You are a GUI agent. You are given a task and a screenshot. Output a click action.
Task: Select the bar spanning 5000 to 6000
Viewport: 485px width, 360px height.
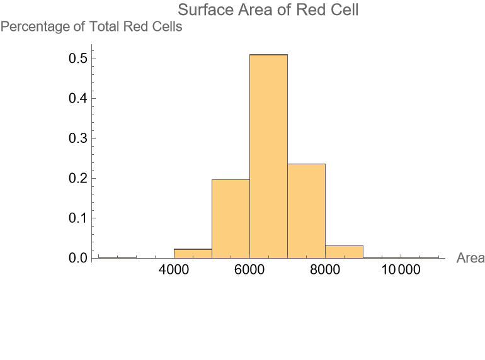click(x=231, y=218)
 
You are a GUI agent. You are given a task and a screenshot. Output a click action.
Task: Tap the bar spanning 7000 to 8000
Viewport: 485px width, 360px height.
click(x=306, y=211)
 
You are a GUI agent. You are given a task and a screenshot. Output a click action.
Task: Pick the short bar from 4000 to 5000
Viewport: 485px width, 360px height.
click(x=193, y=254)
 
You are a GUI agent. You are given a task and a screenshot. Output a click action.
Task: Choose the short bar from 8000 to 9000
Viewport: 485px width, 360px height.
click(x=344, y=252)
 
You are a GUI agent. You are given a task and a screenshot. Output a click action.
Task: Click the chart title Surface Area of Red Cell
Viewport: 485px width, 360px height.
click(x=268, y=10)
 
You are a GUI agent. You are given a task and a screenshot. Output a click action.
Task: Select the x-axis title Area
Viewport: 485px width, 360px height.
click(x=470, y=259)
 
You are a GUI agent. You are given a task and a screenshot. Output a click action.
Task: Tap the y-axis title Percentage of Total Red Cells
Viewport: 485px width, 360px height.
click(x=91, y=27)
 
